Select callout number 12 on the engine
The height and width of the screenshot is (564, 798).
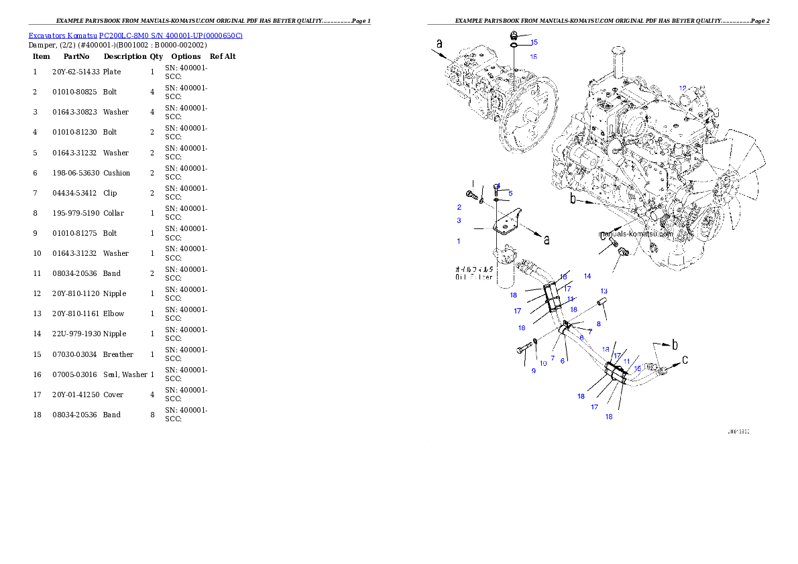683,88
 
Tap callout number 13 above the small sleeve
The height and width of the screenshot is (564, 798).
604,291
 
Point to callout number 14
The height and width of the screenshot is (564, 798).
587,276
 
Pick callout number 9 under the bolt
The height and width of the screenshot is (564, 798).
534,371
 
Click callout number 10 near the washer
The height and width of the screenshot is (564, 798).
543,363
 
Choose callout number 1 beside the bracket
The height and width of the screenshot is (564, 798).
459,240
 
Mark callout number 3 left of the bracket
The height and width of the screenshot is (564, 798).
459,220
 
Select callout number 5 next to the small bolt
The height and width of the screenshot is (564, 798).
510,193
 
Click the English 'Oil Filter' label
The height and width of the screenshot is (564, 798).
474,276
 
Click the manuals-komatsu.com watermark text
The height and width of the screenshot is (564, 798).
636,234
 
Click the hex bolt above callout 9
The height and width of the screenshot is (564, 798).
524,349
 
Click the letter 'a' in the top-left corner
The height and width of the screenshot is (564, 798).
439,44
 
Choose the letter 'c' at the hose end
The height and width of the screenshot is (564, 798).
685,360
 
